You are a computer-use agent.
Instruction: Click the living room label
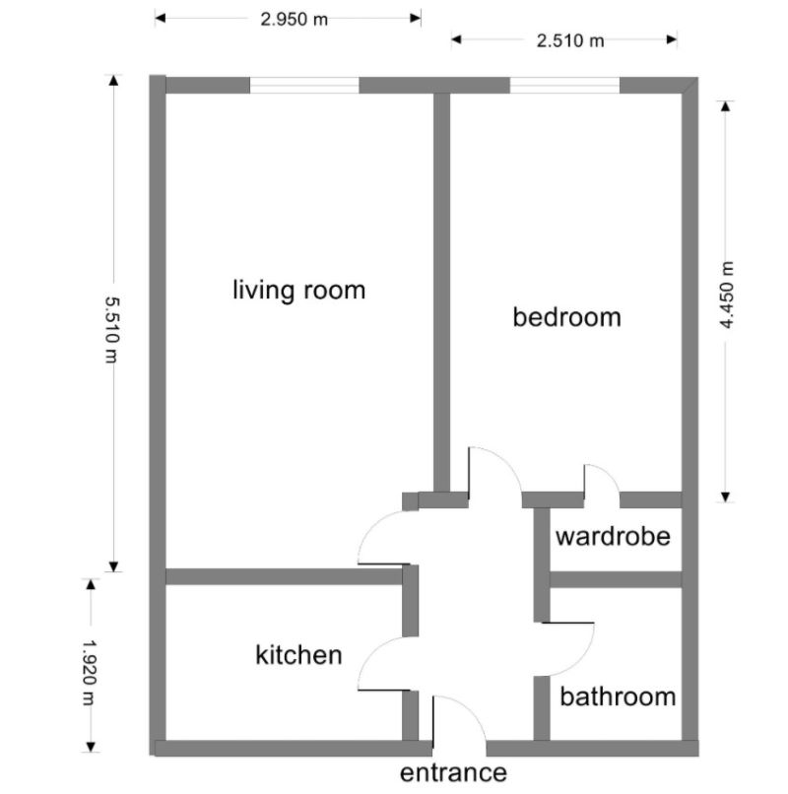point(298,291)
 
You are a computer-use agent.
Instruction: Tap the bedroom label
point(567,317)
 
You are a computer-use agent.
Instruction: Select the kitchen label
point(298,655)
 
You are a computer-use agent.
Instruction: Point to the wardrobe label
point(613,538)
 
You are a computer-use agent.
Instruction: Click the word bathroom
point(618,697)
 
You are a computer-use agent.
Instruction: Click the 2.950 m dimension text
point(295,19)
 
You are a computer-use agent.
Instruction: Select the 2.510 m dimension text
point(569,40)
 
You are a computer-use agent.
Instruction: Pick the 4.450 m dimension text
point(728,295)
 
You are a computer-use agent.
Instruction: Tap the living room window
point(303,86)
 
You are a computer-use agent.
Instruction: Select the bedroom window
point(564,86)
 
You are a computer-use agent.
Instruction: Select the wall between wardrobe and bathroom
point(615,579)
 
